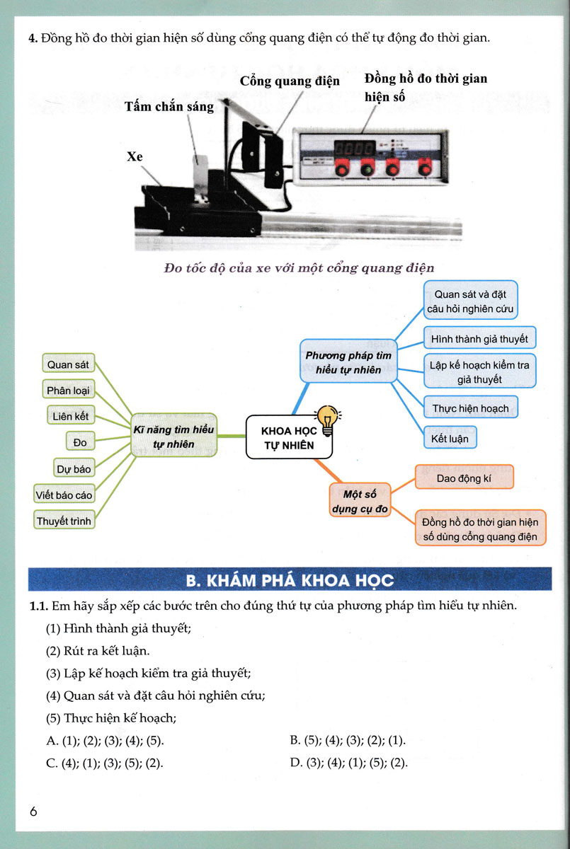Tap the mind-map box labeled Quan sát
pos(67,365)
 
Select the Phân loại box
pos(69,391)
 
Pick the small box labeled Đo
pos(80,442)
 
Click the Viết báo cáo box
pos(64,495)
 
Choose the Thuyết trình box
pos(64,521)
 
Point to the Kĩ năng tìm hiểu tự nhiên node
pos(173,436)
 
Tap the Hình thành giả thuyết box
pos(479,339)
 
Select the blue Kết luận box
pos(450,438)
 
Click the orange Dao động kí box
pos(463,478)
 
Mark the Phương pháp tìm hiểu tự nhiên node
pos(343,362)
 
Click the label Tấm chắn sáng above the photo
pos(169,107)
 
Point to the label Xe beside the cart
pos(135,156)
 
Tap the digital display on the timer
pos(355,149)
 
